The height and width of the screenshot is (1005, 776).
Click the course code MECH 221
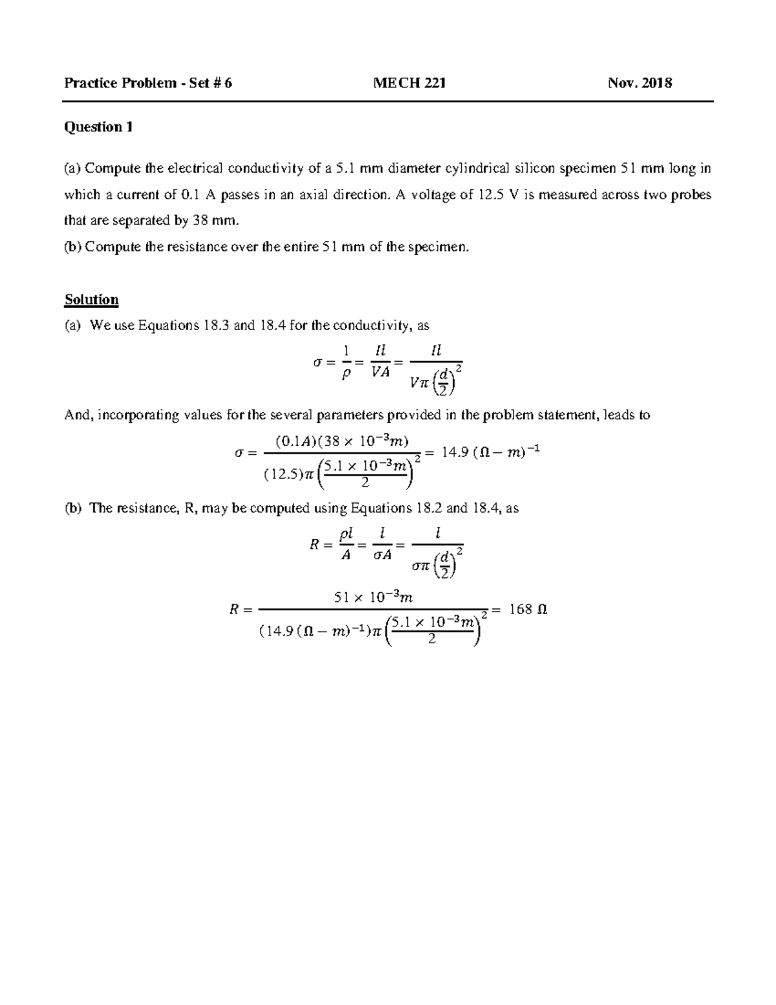[409, 83]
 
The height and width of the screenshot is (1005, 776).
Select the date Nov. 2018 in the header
[640, 83]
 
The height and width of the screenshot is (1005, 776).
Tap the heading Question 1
[98, 127]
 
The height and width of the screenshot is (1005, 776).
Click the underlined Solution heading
[91, 300]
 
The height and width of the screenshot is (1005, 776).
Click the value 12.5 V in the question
[498, 195]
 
